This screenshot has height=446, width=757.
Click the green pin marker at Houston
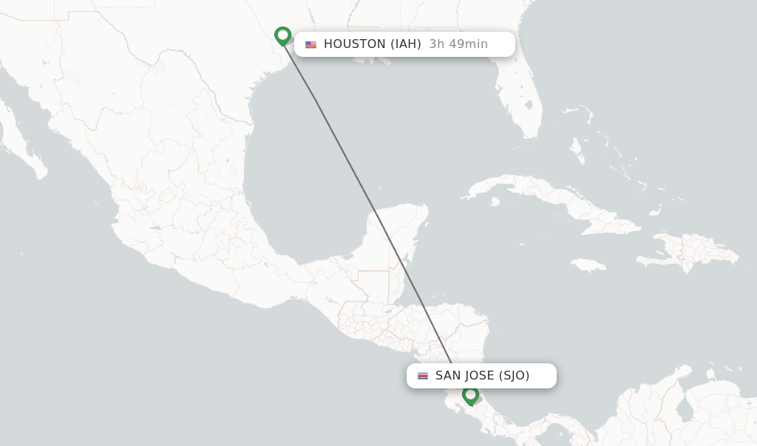click(282, 35)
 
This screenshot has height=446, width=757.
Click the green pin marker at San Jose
click(470, 396)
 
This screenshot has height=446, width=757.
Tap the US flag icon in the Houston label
click(310, 44)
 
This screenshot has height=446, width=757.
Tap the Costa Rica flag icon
click(423, 376)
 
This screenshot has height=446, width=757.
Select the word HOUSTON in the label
click(354, 44)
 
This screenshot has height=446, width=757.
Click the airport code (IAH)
click(406, 44)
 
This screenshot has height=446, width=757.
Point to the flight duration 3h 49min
click(458, 44)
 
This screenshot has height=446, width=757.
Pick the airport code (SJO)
click(514, 376)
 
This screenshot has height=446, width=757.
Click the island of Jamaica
click(588, 265)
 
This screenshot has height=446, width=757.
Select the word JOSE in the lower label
click(478, 376)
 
